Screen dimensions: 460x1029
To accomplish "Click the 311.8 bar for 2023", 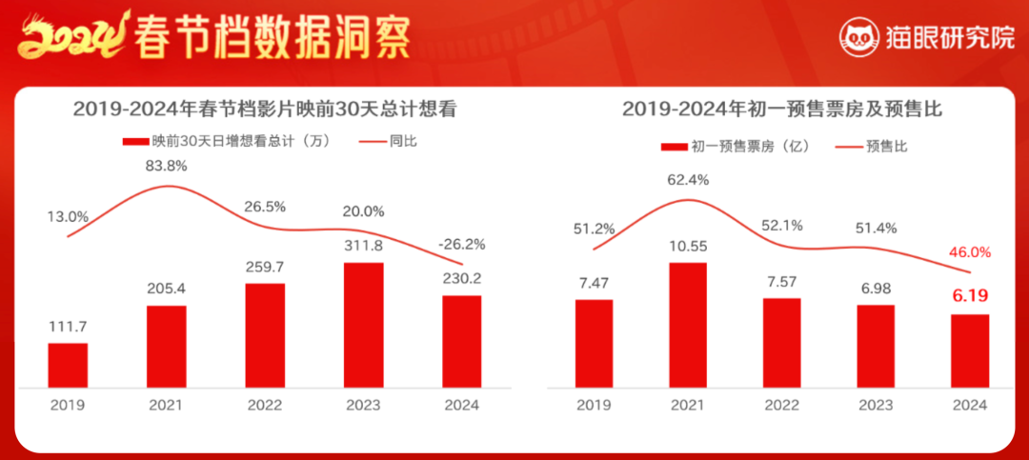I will (x=363, y=325).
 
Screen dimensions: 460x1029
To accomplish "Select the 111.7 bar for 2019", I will (x=68, y=365).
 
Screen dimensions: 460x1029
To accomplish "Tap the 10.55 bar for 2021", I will (x=688, y=325).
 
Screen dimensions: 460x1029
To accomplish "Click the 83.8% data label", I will (x=167, y=166).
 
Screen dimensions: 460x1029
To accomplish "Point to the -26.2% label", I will (x=463, y=244).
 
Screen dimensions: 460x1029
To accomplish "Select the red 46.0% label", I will (x=970, y=252).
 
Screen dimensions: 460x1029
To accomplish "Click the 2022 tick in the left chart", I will (x=265, y=405).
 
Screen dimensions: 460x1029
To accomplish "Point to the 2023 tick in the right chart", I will (x=876, y=405).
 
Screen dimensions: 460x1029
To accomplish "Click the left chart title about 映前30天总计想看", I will (x=265, y=110).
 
